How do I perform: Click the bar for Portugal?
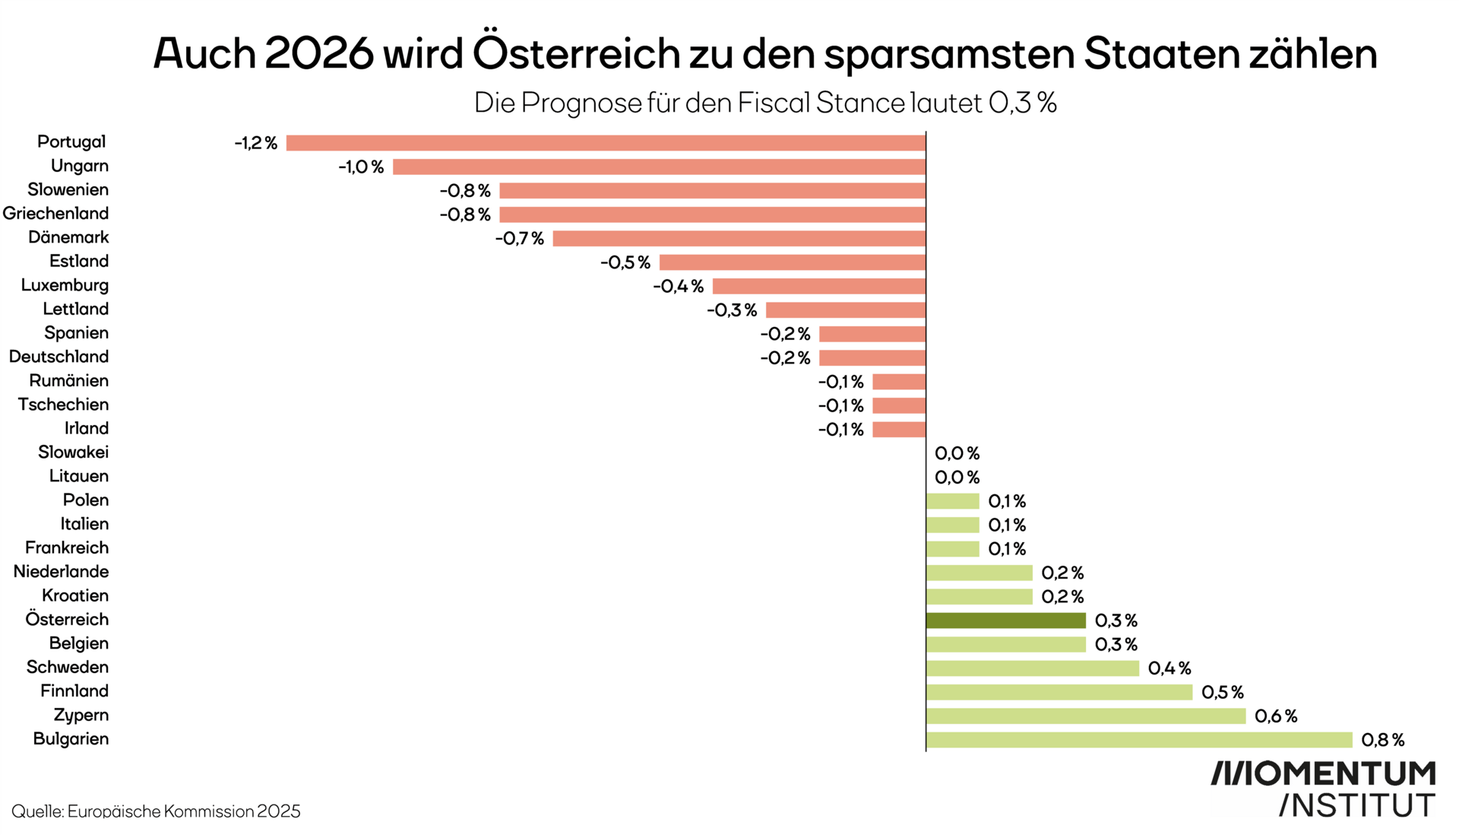[x=606, y=143]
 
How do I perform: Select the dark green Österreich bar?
[x=1005, y=621]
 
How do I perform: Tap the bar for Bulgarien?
[x=1138, y=740]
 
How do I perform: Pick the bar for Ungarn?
[x=659, y=167]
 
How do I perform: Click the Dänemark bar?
[x=739, y=239]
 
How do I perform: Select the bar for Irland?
[x=899, y=430]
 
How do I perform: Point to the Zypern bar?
[x=1085, y=716]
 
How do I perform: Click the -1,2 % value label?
[x=255, y=143]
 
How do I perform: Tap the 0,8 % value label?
[x=1382, y=740]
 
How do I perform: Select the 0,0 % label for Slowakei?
[x=957, y=453]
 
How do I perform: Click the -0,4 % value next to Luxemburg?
[x=678, y=287]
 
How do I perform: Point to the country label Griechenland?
[x=55, y=214]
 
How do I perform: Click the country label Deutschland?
[x=59, y=357]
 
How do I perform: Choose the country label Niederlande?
[x=61, y=572]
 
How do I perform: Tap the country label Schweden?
[x=68, y=667]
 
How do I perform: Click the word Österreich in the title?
[x=575, y=53]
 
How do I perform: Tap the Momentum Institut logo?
[x=1322, y=789]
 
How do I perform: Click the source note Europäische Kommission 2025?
[x=184, y=811]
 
